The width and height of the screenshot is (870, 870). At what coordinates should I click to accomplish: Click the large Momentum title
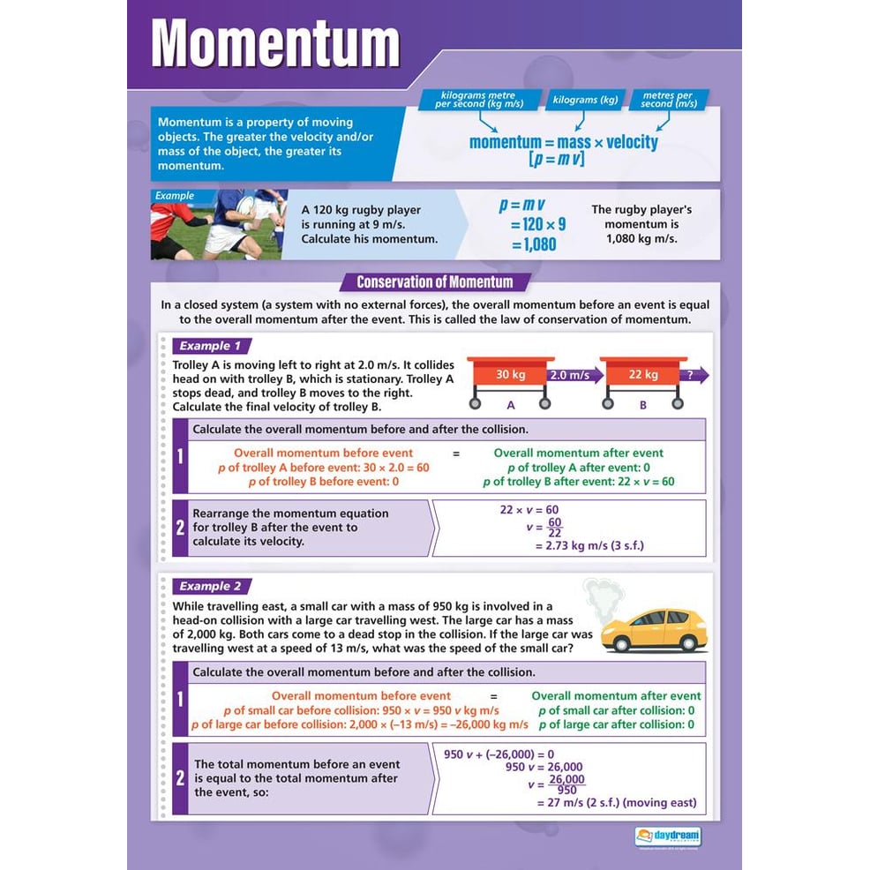[x=276, y=43]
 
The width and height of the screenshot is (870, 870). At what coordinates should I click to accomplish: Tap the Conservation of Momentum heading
[x=434, y=282]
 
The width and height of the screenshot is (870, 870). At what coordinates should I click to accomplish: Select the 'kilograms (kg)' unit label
[x=584, y=101]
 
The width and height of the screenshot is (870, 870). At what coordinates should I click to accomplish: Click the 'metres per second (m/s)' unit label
[x=669, y=100]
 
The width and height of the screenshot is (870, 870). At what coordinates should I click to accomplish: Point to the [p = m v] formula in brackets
[x=557, y=159]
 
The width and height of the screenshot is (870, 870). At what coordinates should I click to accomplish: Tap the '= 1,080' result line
[x=533, y=244]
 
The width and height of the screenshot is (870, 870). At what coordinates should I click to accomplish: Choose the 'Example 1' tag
[x=210, y=346]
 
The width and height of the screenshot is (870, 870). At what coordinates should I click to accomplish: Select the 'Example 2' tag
[x=210, y=586]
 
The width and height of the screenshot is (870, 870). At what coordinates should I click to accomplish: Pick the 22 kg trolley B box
[x=642, y=375]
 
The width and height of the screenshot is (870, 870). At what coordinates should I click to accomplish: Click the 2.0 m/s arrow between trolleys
[x=574, y=375]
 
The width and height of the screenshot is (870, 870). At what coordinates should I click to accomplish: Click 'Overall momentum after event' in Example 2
[x=616, y=695]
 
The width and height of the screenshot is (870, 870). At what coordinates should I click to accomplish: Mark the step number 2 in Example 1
[x=180, y=528]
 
